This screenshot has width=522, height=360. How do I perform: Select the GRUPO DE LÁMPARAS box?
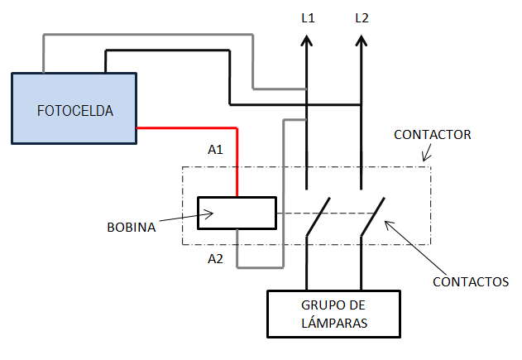(333, 314)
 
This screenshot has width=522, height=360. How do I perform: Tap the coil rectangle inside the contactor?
(237, 214)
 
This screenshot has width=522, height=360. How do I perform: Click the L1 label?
(307, 17)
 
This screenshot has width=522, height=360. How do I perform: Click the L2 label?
(361, 17)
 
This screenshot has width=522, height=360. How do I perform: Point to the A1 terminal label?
(215, 150)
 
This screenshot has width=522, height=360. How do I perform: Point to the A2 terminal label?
(215, 259)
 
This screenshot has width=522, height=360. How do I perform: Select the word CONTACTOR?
(432, 133)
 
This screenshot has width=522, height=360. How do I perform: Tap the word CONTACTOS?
(471, 281)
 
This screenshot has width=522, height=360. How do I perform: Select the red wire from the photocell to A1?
(199, 128)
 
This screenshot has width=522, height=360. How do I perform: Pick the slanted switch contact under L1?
(318, 217)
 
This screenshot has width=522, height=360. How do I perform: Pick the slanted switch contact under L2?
(372, 217)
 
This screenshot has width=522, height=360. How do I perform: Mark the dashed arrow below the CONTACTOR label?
(428, 152)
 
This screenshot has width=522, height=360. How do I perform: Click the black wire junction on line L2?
(361, 105)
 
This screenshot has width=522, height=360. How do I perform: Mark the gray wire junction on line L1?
(307, 88)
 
